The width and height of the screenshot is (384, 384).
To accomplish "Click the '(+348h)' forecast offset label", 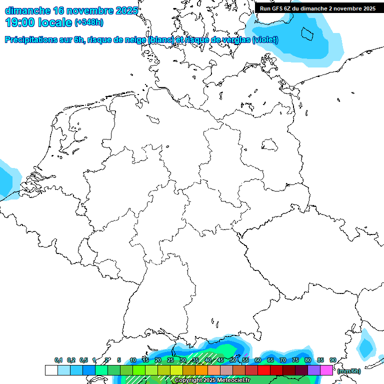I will pyautogui.click(x=89, y=22).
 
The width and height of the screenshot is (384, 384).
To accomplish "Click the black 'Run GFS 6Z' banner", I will pyautogui.click(x=317, y=8).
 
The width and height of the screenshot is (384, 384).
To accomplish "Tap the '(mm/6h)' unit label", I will pyautogui.click(x=348, y=371).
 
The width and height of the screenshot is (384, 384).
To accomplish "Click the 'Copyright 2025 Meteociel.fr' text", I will pyautogui.click(x=212, y=380).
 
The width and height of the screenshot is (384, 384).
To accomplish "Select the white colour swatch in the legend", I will pyautogui.click(x=51, y=370).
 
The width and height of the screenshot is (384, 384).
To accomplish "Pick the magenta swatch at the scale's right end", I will pyautogui.click(x=326, y=370).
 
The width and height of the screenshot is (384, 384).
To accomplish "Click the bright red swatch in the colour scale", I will pyautogui.click(x=264, y=370).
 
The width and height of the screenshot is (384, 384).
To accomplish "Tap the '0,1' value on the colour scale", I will pyautogui.click(x=58, y=360).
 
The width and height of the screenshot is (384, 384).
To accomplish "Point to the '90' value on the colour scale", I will pyautogui.click(x=332, y=360).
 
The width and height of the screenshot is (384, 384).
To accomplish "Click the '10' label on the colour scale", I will pyautogui.click(x=132, y=360).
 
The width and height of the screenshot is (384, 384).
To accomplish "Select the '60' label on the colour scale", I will pyautogui.click(x=257, y=360).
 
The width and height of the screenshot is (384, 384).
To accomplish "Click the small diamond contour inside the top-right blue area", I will pyautogui.click(x=307, y=34).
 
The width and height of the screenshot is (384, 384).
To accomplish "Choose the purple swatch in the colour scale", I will pyautogui.click(x=314, y=370).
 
